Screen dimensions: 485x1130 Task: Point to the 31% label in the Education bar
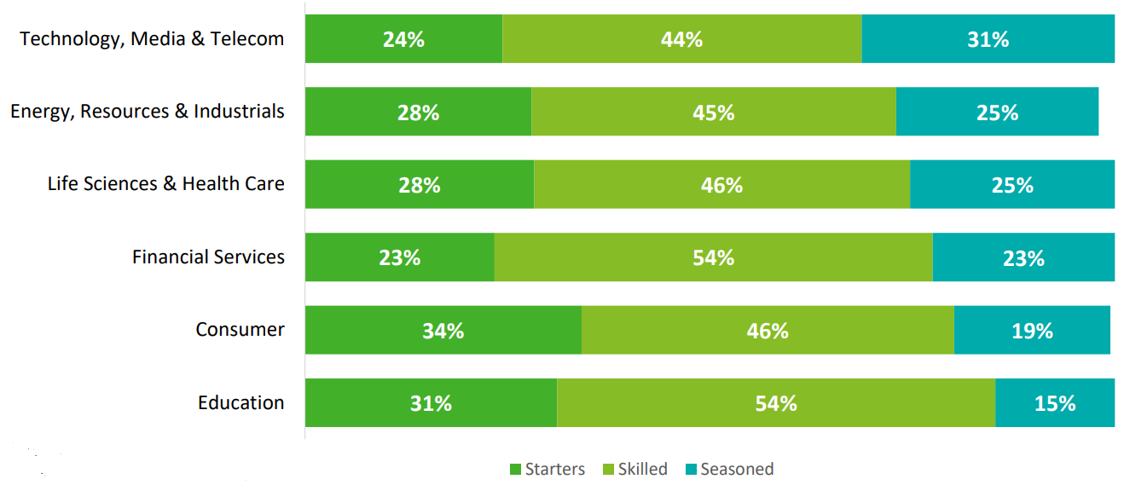[x=431, y=403]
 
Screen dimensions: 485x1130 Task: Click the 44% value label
[x=681, y=39]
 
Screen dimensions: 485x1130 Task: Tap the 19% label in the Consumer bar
[x=1032, y=331]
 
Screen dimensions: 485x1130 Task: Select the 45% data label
[x=714, y=113]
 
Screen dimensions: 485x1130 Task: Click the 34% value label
[x=443, y=331]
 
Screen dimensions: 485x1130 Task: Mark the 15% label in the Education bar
[x=1055, y=403]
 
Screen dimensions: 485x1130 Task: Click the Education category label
[x=240, y=403]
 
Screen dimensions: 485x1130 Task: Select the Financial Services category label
[x=208, y=257]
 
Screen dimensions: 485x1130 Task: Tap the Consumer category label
[x=240, y=330]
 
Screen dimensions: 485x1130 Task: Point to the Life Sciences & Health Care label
[x=165, y=184]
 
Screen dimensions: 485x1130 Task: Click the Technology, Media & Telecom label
[x=152, y=39]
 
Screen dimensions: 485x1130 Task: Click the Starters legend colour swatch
[x=515, y=470]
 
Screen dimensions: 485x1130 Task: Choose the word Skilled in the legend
[x=643, y=470]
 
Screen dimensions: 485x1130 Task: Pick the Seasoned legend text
[x=737, y=470]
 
